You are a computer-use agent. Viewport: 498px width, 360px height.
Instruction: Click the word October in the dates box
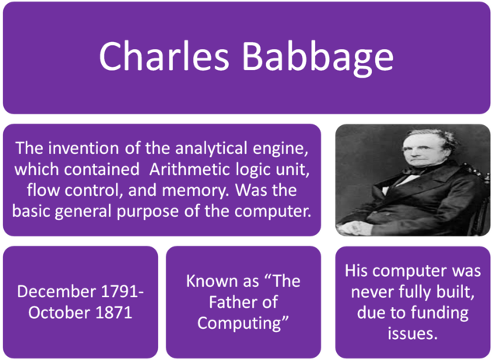pos(56,312)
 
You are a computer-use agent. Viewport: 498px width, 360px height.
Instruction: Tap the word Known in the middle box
pos(212,281)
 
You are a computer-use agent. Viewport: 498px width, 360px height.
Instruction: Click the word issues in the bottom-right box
pos(412,334)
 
